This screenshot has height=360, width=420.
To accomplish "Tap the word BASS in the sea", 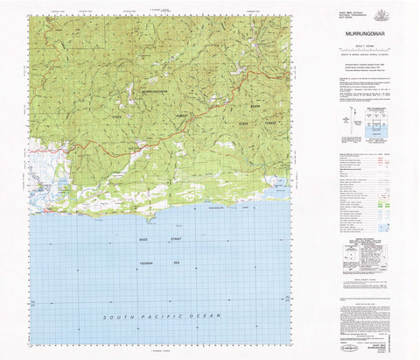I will [x=143, y=239].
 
